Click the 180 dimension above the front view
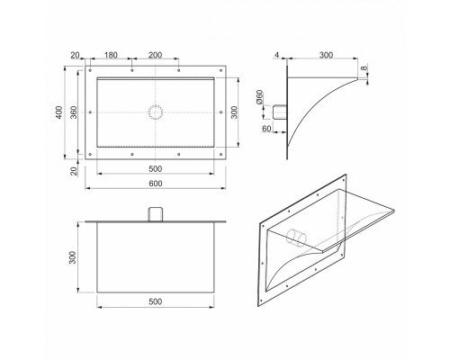click(x=111, y=55)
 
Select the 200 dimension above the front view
click(x=156, y=55)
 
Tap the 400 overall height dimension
click(x=59, y=112)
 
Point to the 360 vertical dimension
click(x=74, y=112)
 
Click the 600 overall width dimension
click(x=156, y=184)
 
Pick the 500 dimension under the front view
click(x=156, y=169)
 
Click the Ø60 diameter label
click(x=260, y=97)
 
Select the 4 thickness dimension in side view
click(x=276, y=55)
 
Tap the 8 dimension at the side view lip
click(x=364, y=68)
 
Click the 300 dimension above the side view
click(x=326, y=55)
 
